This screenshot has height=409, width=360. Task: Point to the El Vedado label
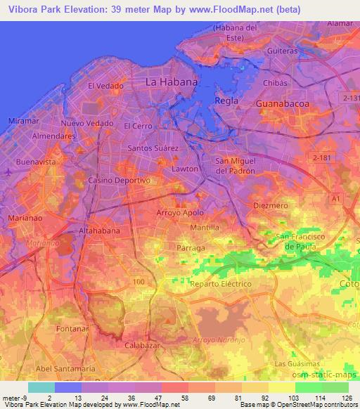tap(101, 86)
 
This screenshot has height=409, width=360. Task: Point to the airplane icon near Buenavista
tap(7, 171)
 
